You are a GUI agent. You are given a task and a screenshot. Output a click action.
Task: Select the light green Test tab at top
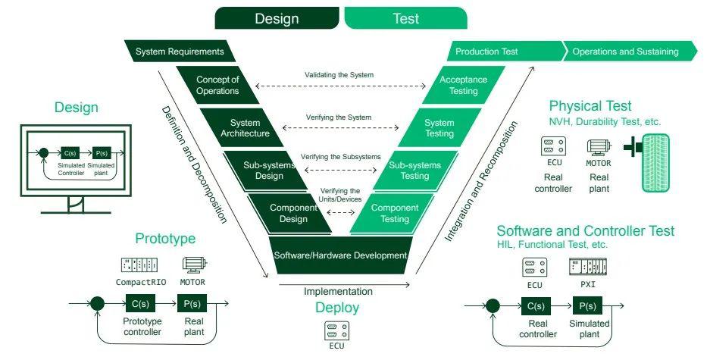click(x=405, y=18)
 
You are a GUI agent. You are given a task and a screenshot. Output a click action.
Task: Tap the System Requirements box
click(x=180, y=52)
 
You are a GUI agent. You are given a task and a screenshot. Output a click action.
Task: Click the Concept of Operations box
click(x=218, y=85)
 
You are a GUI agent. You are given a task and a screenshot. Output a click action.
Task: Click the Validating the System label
click(x=339, y=74)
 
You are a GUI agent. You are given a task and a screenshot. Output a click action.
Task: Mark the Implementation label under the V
click(x=338, y=291)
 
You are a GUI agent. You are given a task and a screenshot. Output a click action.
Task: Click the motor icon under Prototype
click(x=194, y=265)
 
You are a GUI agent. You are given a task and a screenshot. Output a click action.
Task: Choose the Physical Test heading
click(x=590, y=106)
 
